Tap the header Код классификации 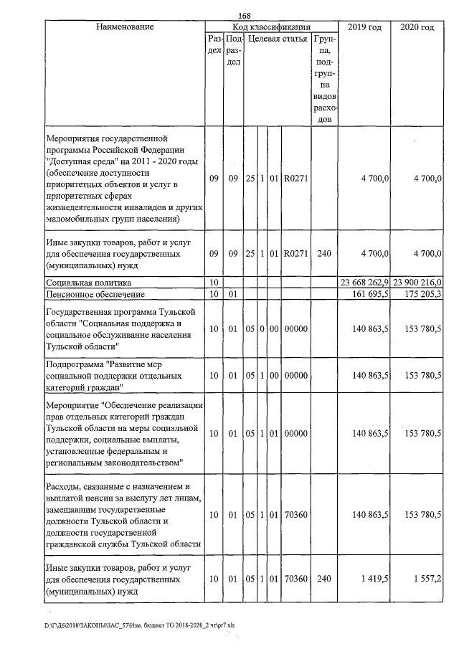(271, 27)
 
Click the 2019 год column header (364, 27)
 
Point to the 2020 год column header (417, 27)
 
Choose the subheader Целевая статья (278, 39)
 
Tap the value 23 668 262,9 (364, 283)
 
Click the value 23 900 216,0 (416, 283)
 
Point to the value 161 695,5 (370, 295)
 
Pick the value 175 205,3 (422, 295)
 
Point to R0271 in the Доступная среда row (295, 179)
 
